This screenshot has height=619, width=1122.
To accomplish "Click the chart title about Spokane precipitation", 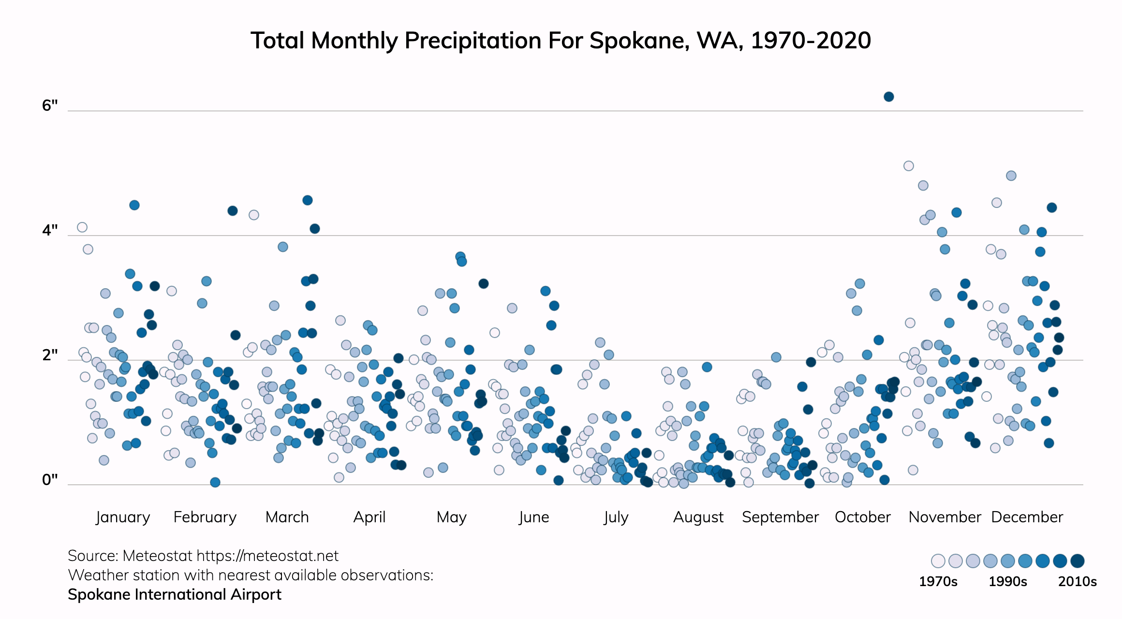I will (x=561, y=41).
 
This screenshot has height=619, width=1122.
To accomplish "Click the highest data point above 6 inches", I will (x=888, y=97).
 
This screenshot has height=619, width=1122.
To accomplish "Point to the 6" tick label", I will (x=50, y=105).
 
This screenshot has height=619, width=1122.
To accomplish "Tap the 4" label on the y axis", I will (x=50, y=230).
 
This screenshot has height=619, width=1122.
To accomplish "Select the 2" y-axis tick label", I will (x=50, y=355).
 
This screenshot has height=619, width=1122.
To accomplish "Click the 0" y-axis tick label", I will (x=50, y=480).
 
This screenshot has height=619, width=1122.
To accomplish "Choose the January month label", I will (x=123, y=517).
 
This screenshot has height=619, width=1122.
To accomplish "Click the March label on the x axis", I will (x=287, y=517).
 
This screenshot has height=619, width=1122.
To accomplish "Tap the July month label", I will (x=616, y=517).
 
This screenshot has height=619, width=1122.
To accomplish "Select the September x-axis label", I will (x=780, y=517).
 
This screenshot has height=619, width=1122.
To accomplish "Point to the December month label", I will (x=1027, y=517).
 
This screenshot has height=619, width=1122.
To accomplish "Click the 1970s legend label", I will (x=938, y=581).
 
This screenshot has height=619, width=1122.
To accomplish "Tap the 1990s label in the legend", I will (x=1007, y=581).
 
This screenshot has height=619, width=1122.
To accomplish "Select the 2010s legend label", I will (x=1077, y=581).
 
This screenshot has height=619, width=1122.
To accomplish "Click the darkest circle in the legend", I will (x=1077, y=561).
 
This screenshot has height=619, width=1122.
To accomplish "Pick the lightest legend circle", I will (x=938, y=561).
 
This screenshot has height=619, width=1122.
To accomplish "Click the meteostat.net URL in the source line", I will (x=267, y=556).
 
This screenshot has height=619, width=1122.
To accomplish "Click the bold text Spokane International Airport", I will (x=175, y=594).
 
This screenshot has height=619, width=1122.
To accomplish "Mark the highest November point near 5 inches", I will (x=908, y=166).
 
